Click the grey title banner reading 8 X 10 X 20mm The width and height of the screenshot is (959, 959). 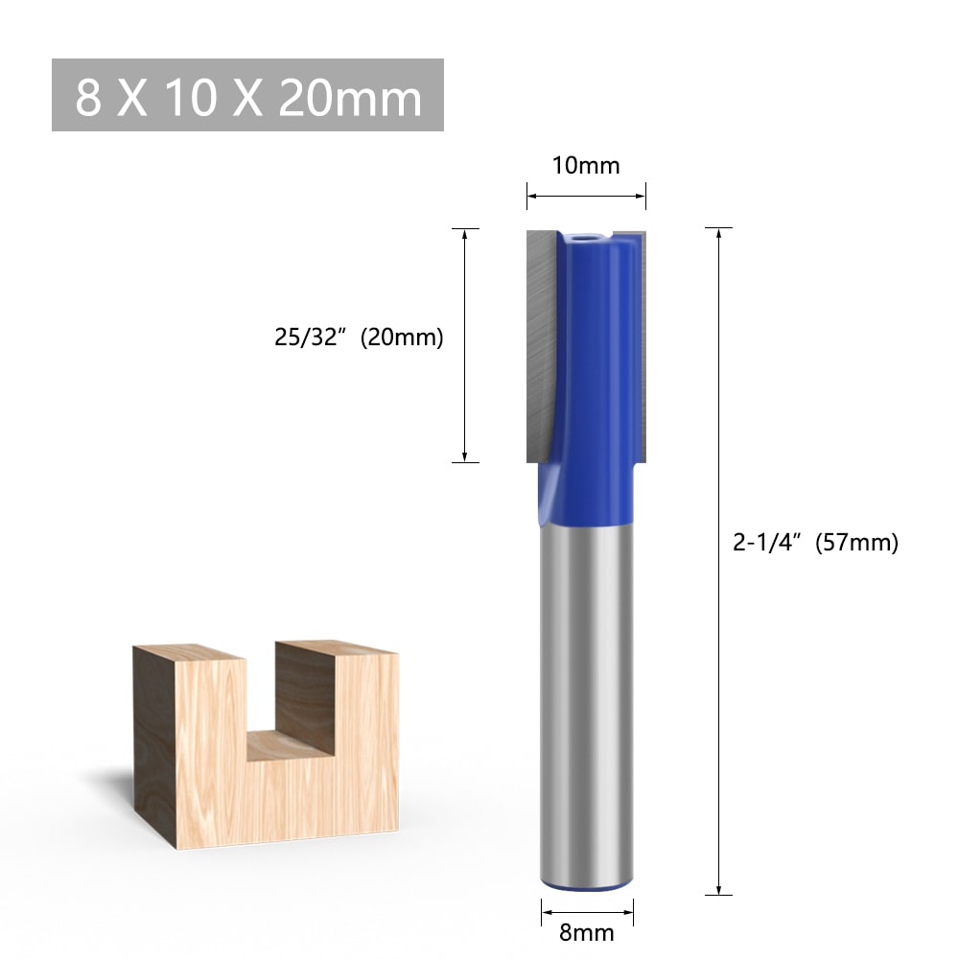[246, 96]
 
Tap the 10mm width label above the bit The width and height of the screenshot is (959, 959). [585, 166]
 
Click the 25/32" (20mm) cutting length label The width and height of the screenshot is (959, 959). [359, 338]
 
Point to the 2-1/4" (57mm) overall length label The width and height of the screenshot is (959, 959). [815, 543]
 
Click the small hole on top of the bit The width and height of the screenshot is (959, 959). [586, 234]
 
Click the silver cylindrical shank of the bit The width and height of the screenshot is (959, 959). [586, 690]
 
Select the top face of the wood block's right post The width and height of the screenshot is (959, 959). [336, 648]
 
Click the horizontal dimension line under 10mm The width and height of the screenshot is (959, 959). [585, 196]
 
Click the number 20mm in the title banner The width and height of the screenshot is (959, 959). [350, 98]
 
